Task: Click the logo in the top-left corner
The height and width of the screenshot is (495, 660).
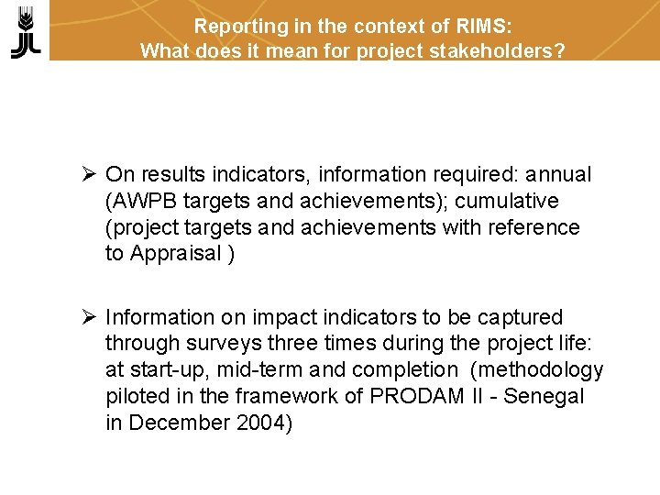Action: tap(27, 31)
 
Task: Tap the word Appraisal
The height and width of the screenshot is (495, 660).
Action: tap(175, 254)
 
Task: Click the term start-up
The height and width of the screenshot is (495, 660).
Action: tap(164, 370)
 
